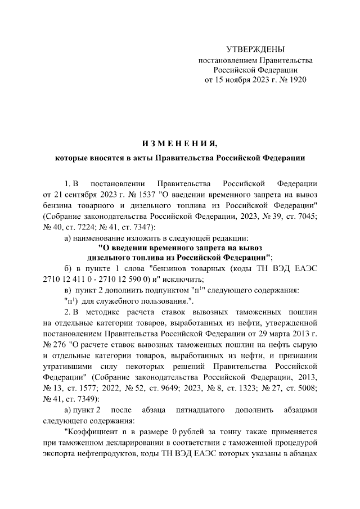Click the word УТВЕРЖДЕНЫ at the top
(x=255, y=49)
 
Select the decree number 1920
(x=297, y=80)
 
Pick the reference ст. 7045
(x=302, y=217)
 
